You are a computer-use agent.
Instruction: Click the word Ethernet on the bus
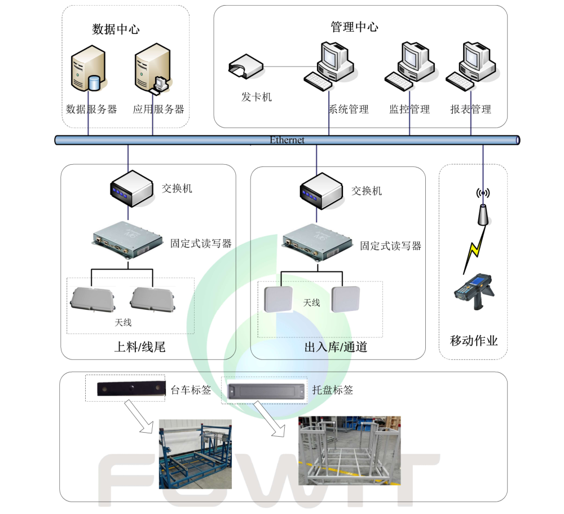pyautogui.click(x=287, y=140)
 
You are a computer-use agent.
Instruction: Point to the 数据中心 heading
pyautogui.click(x=116, y=29)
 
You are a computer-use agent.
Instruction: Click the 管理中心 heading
pyautogui.click(x=354, y=27)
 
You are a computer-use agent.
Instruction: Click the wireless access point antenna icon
pyautogui.click(x=483, y=209)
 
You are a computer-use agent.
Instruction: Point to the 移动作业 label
pyautogui.click(x=474, y=341)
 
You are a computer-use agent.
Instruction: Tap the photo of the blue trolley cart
pyautogui.click(x=195, y=454)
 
